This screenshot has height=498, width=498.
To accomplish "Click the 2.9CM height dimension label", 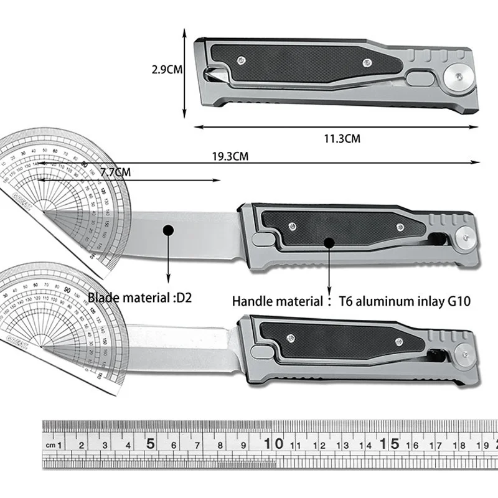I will (167, 70).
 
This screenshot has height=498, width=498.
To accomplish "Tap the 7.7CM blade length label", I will (115, 172).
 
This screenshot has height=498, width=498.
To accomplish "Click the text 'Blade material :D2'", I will (140, 298).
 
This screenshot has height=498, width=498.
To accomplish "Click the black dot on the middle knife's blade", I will (167, 230).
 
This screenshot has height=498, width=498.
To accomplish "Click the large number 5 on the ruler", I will (150, 444).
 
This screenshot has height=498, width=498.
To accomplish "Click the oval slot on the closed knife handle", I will (419, 79).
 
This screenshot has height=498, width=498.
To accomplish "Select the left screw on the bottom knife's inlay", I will (289, 338).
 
